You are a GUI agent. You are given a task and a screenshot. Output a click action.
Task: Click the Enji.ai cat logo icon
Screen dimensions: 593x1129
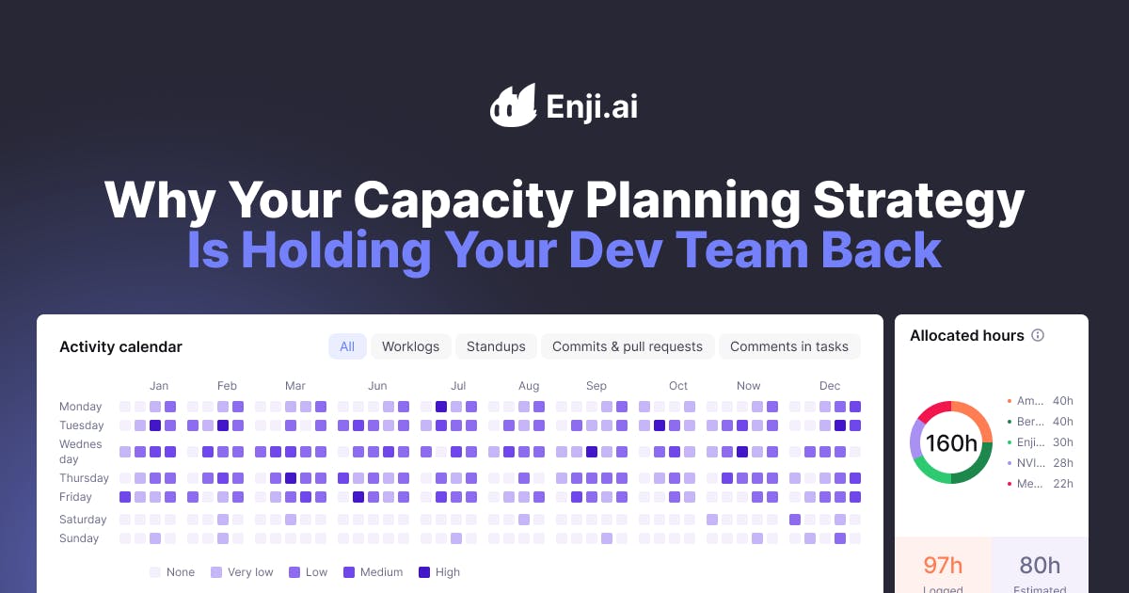[x=513, y=105]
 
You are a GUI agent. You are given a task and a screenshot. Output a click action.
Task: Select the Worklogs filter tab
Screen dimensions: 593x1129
[x=410, y=346]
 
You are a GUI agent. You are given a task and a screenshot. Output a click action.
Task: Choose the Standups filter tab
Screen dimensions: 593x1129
[x=496, y=346]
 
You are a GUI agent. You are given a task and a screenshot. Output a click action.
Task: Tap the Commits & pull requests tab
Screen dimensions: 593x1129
[x=627, y=346]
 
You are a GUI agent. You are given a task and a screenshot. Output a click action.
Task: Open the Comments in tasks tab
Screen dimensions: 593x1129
[x=788, y=346]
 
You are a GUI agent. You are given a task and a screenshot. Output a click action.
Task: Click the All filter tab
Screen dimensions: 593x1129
[x=347, y=346]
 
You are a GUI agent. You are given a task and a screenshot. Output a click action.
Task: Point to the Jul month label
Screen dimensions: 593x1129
[x=458, y=386]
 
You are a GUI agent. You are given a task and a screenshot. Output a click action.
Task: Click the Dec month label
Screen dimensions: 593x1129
[x=829, y=386]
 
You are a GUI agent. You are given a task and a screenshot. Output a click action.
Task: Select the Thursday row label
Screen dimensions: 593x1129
[x=84, y=478]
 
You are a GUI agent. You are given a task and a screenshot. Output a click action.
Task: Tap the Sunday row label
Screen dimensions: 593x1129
[x=79, y=538]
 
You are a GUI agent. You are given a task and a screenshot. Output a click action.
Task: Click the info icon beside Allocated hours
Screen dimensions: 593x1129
[x=1038, y=335]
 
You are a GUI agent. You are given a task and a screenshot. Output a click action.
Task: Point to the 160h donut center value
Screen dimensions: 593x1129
[x=951, y=442]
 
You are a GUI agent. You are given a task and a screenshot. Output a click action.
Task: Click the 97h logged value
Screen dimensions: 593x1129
[x=942, y=565]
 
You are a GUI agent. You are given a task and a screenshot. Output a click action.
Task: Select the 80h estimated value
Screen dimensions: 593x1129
[x=1040, y=565]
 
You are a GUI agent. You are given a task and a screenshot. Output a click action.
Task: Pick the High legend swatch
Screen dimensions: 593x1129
[x=423, y=572]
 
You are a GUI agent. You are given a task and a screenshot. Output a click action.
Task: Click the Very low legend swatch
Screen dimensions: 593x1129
[x=216, y=572]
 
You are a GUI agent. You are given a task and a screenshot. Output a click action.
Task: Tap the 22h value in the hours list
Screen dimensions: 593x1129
[x=1063, y=484]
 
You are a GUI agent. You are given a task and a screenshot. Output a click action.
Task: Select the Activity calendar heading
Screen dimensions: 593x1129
[x=120, y=346]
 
